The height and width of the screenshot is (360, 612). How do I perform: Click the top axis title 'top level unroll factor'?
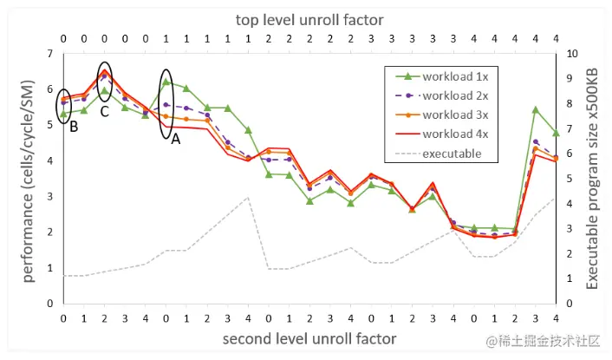[x=309, y=18]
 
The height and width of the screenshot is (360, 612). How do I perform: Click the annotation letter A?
[x=176, y=139]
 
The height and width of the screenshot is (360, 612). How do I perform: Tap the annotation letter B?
[x=75, y=127]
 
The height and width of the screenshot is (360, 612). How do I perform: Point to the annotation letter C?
[x=104, y=111]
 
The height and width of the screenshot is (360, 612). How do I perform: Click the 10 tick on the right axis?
[x=569, y=54]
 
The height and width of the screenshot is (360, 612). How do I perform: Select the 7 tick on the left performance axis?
[x=50, y=54]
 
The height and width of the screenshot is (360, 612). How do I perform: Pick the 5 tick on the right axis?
[x=569, y=179]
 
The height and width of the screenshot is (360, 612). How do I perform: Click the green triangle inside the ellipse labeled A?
[x=166, y=82]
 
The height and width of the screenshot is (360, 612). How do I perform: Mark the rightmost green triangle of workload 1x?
[x=556, y=133]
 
